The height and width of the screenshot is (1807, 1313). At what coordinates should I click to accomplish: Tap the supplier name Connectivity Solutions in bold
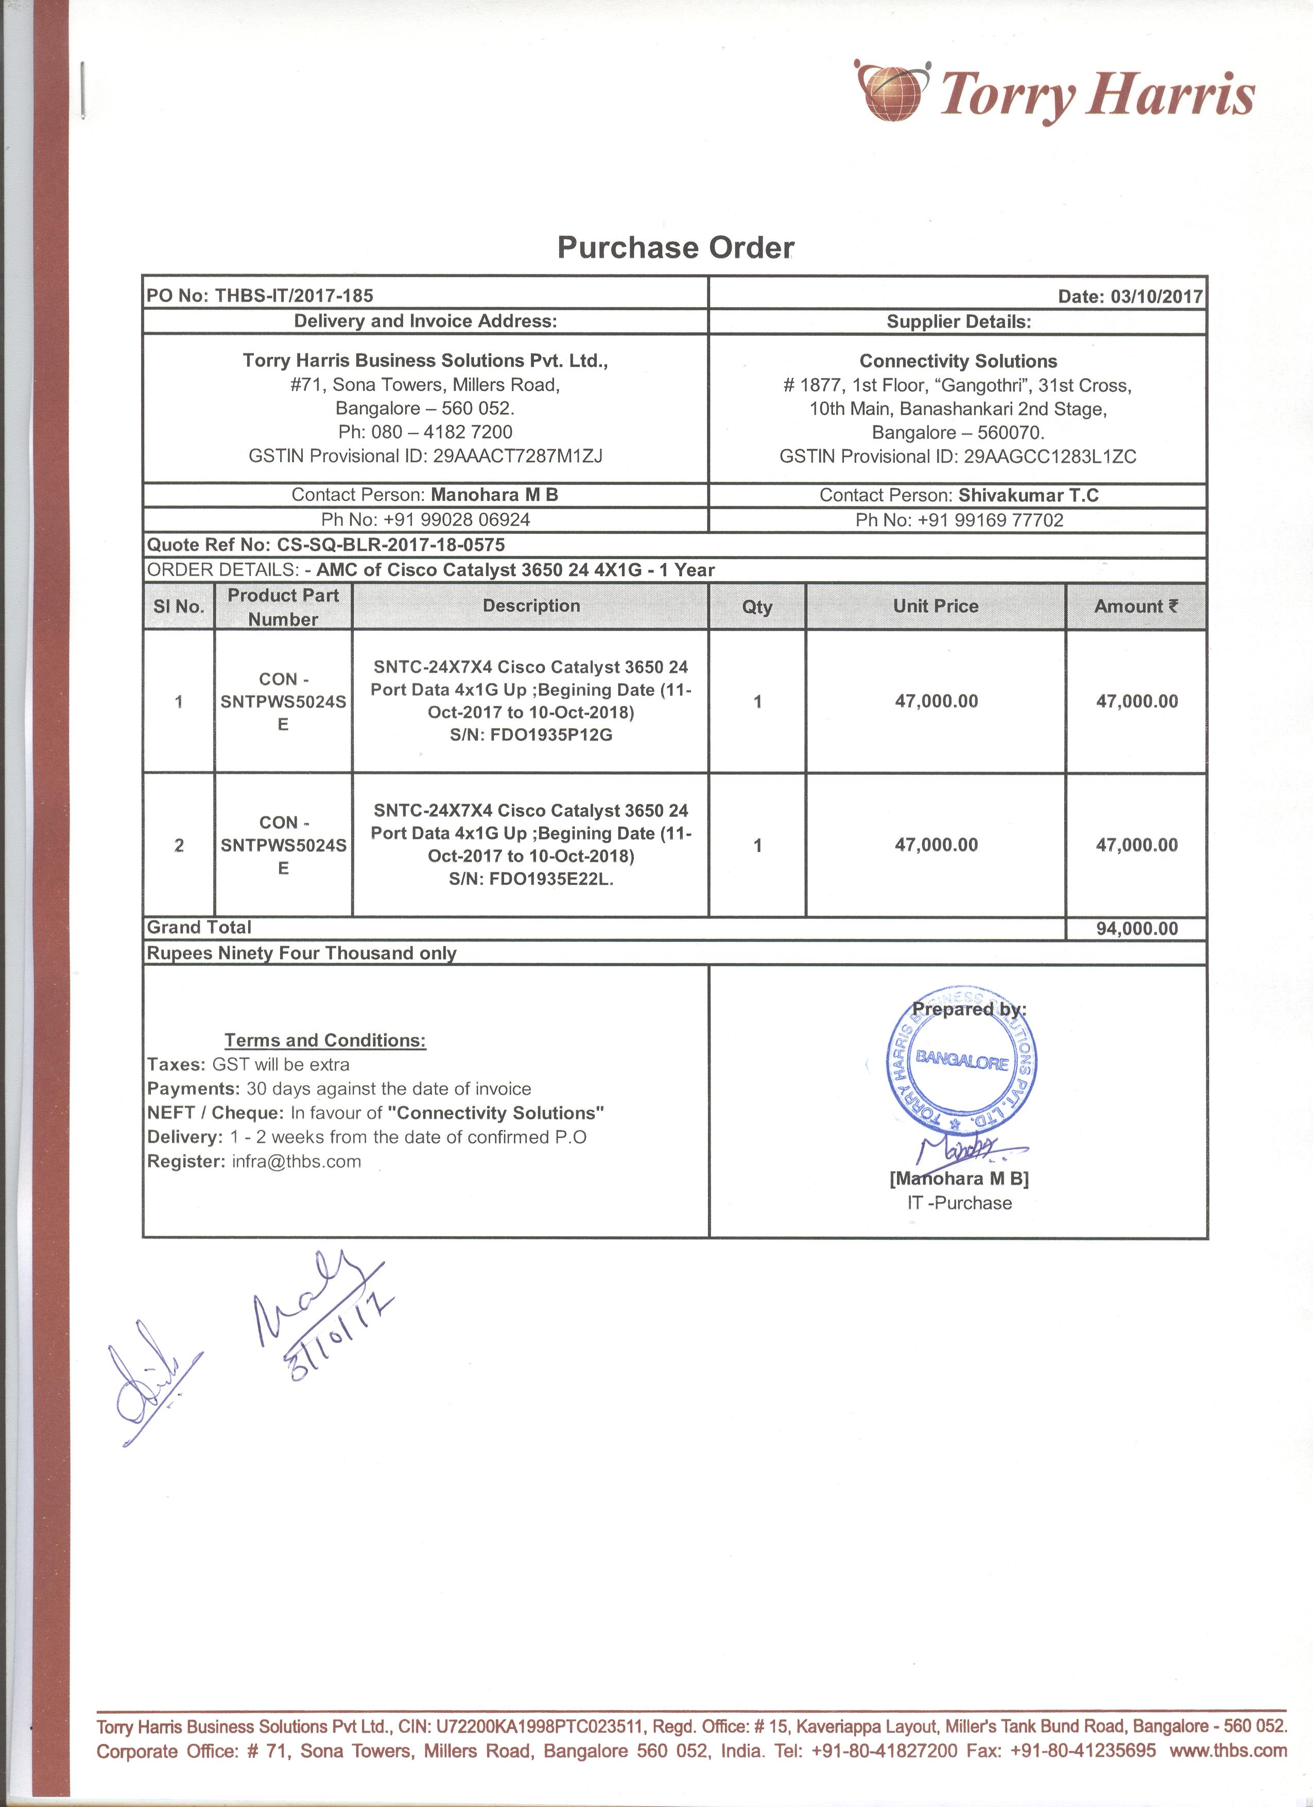click(x=958, y=361)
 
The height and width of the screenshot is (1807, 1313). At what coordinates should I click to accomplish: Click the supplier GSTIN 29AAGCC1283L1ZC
click(x=1049, y=457)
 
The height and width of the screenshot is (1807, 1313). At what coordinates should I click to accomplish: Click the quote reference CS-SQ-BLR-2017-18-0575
click(x=390, y=545)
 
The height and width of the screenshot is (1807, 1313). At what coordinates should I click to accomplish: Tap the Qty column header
click(x=757, y=606)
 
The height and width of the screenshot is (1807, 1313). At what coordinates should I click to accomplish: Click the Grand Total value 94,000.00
click(x=1136, y=928)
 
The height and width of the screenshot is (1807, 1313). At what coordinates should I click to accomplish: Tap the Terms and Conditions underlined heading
click(x=325, y=1040)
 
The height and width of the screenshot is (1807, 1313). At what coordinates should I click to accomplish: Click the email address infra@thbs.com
click(x=297, y=1161)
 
